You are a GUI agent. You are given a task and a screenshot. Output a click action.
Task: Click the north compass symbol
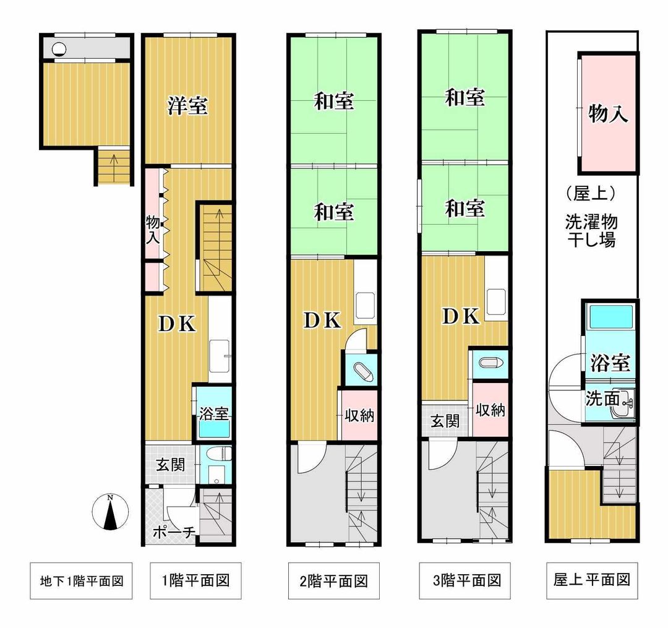coord(110,512)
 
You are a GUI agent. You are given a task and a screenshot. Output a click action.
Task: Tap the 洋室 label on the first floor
coord(187,105)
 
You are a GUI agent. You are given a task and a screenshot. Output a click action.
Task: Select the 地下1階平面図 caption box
coord(81,581)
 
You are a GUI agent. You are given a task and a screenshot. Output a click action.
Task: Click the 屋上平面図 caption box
coord(592,580)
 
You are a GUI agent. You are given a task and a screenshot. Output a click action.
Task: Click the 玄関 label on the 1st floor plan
coord(170,464)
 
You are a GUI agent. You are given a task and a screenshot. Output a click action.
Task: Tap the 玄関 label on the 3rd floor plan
coord(445,421)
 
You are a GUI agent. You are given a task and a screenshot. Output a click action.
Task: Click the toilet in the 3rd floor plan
coord(491,363)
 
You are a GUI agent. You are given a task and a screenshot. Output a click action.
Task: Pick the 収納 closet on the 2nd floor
coord(359,414)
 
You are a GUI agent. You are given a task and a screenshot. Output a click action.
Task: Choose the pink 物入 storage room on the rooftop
coord(608,113)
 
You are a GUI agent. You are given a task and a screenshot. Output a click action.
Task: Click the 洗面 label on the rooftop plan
coord(602,398)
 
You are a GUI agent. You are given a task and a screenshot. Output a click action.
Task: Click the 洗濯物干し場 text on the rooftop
coord(591,231)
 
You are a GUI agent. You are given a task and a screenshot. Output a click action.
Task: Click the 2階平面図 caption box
coord(333,581)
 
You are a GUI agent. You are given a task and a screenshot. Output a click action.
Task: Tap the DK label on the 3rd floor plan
coord(461,316)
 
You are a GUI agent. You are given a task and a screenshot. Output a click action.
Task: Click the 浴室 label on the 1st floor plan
coord(214,413)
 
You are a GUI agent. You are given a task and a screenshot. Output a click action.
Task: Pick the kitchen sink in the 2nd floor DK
coord(366,304)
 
